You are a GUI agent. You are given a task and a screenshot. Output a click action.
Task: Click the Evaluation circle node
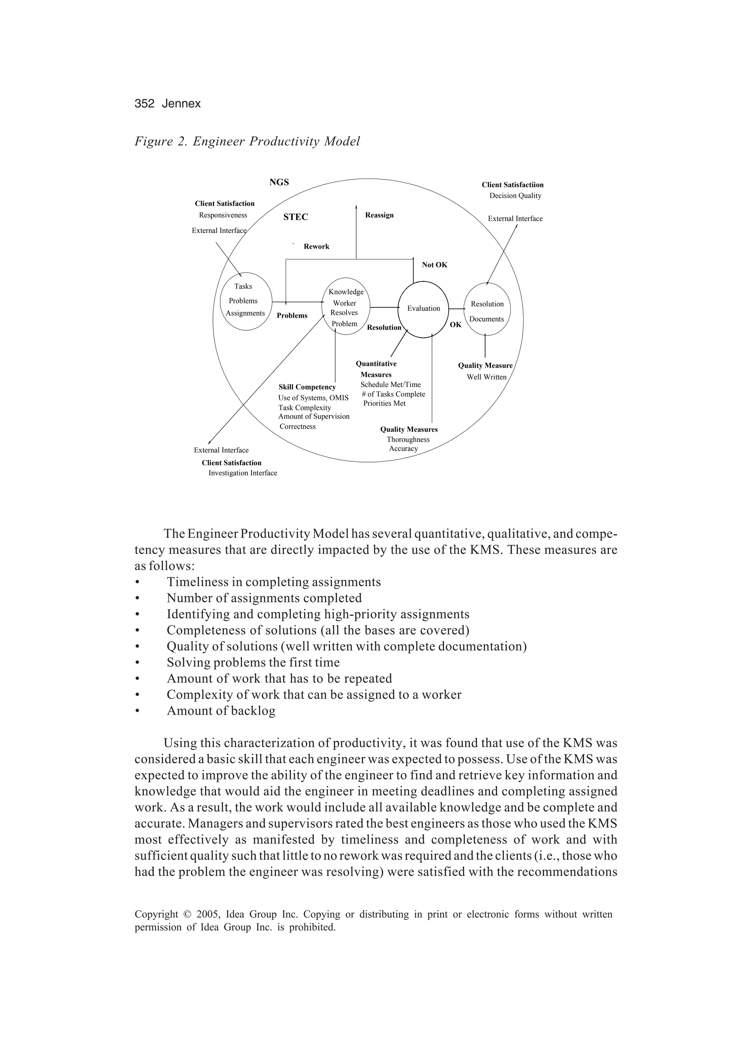(423, 309)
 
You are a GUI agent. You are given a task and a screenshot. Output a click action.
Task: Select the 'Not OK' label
(434, 265)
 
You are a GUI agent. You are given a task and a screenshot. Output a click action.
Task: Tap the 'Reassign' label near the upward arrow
(379, 215)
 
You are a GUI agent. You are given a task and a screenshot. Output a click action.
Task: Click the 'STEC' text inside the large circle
(295, 217)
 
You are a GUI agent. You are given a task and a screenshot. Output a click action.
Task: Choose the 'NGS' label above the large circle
(279, 183)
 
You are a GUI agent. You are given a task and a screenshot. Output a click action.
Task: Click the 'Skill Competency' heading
(307, 387)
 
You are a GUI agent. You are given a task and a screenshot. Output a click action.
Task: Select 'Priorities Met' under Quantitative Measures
(384, 403)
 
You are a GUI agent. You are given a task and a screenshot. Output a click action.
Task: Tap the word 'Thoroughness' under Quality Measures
(408, 440)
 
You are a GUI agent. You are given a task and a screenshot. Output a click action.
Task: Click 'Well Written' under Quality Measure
(487, 377)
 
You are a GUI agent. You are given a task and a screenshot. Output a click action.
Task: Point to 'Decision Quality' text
(515, 196)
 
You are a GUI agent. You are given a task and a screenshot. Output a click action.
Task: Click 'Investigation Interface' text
(243, 473)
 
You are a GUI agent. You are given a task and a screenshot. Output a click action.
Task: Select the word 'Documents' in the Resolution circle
(487, 319)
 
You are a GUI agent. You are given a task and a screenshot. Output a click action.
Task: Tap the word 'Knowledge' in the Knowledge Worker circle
(346, 292)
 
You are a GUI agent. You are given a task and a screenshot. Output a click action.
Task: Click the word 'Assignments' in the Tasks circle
(245, 313)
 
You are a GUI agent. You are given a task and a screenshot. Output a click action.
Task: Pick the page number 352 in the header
(144, 104)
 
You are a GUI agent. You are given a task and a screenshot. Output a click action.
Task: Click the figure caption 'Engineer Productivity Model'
(276, 141)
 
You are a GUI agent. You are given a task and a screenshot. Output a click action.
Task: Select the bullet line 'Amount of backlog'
(221, 711)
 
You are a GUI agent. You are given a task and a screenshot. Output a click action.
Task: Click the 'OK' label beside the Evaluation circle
(455, 325)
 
